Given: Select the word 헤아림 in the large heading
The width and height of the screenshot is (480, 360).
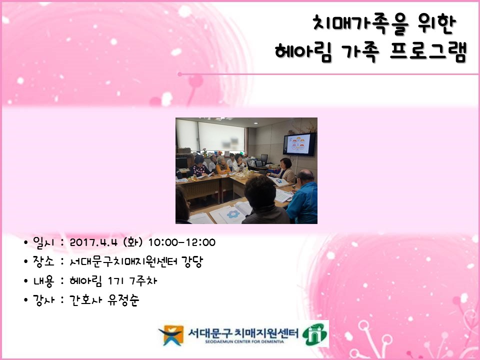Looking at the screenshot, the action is tap(303, 51).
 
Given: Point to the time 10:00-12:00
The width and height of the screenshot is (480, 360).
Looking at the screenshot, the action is tap(182, 242).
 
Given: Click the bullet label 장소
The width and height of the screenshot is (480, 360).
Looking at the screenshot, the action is tap(43, 261).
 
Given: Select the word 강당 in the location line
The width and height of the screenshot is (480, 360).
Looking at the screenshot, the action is tap(192, 261).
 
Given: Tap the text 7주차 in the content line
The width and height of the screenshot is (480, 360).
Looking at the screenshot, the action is tap(143, 280).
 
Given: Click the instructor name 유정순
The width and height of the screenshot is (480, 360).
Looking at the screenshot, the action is tap(123, 300).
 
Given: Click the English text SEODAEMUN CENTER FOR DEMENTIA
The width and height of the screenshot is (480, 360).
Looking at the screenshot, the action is tap(244, 341).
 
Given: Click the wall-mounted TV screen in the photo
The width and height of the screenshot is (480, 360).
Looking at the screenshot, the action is tap(299, 144).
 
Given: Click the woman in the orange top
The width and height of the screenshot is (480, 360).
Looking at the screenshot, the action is tap(222, 165).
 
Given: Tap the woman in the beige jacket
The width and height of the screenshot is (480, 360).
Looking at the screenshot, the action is tap(285, 170).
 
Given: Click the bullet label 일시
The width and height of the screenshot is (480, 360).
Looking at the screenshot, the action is tap(43, 242).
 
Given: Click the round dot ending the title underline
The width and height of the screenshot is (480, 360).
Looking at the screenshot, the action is tap(179, 74).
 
